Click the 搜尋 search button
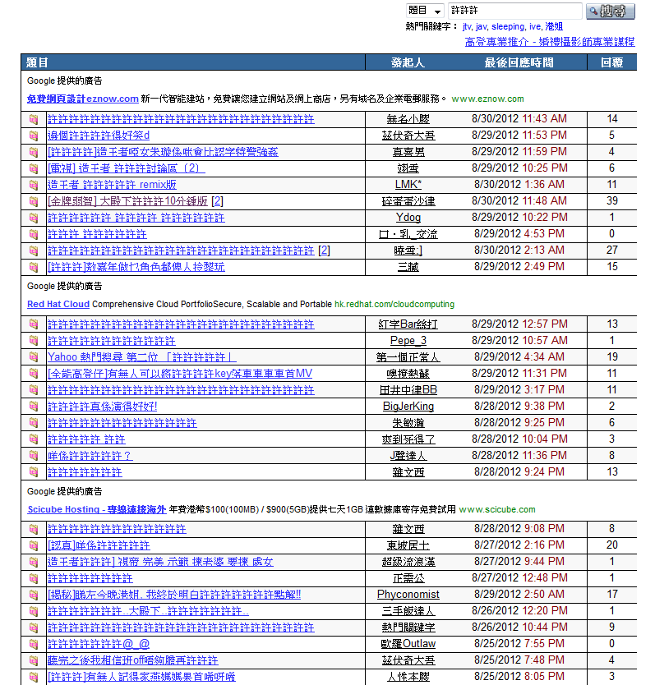pos(611,11)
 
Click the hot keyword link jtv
pos(467,27)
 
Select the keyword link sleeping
pos(508,27)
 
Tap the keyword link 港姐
pos(554,27)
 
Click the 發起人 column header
pos(408,62)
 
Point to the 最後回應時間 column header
pos(519,62)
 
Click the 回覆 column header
pos(611,62)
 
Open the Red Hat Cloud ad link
pos(58,304)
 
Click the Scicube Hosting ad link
pos(97,509)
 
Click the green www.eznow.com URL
pos(487,99)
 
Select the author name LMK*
pos(408,185)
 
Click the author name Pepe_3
pos(408,341)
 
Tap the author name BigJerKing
pos(408,407)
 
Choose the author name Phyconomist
pos(408,595)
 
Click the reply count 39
pos(612,201)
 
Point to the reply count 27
pos(612,251)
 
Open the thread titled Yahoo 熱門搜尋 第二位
pos(142,357)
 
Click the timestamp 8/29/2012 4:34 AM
pos(519,357)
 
